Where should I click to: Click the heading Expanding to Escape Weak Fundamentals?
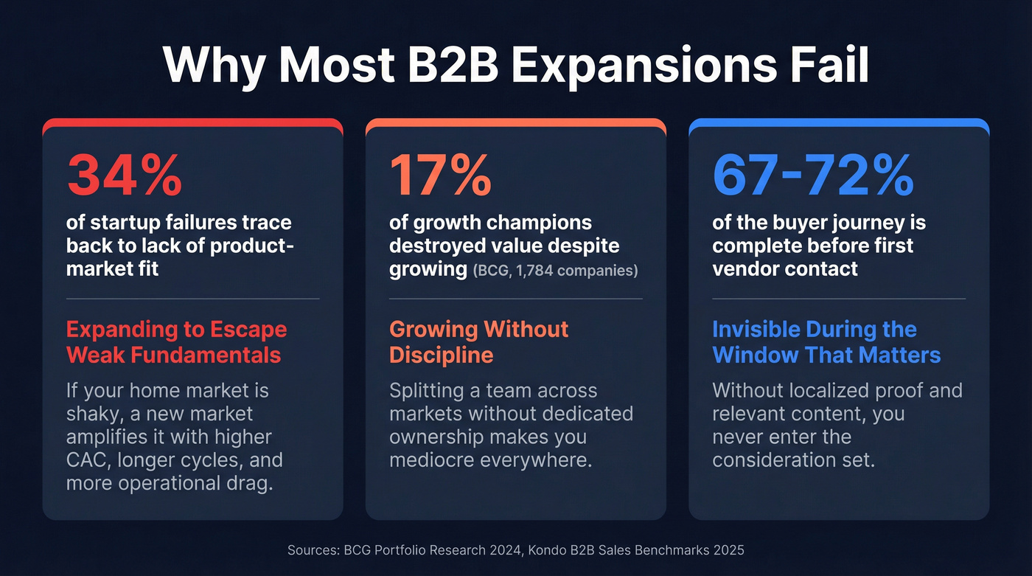176,342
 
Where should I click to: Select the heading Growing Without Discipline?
478,342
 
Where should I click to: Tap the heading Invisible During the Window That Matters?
826,342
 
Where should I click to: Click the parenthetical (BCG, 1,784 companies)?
555,271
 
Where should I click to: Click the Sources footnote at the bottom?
515,550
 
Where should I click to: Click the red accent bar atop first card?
192,122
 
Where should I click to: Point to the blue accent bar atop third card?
839,122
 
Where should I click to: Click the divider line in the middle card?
515,299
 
